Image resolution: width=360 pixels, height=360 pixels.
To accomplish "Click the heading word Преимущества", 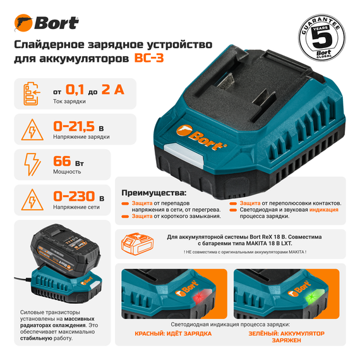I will coord(152,192).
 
